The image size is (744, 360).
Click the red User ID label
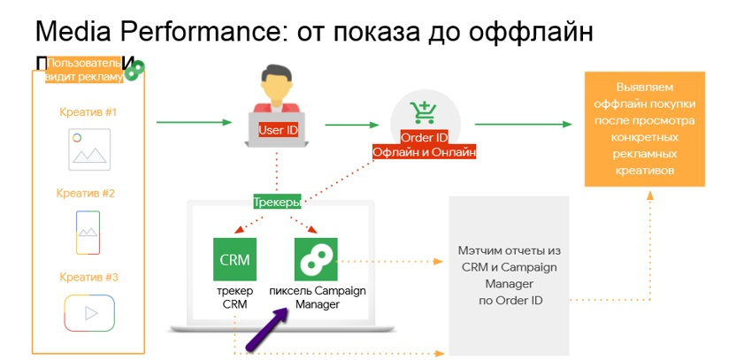[x=277, y=129]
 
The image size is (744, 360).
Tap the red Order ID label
[x=425, y=138]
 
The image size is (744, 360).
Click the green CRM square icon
[x=234, y=259]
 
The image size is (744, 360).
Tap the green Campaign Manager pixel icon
[x=316, y=259]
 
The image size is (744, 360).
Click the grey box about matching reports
[x=508, y=275]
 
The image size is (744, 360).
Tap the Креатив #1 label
[x=88, y=112]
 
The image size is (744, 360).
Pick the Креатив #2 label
[x=86, y=193]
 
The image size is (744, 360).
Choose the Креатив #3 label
[x=88, y=277]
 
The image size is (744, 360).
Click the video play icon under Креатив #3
[x=88, y=312]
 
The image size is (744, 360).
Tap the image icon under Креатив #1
[x=88, y=149]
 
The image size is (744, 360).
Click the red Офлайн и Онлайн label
[x=425, y=152]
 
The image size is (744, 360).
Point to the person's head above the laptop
[x=276, y=85]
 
